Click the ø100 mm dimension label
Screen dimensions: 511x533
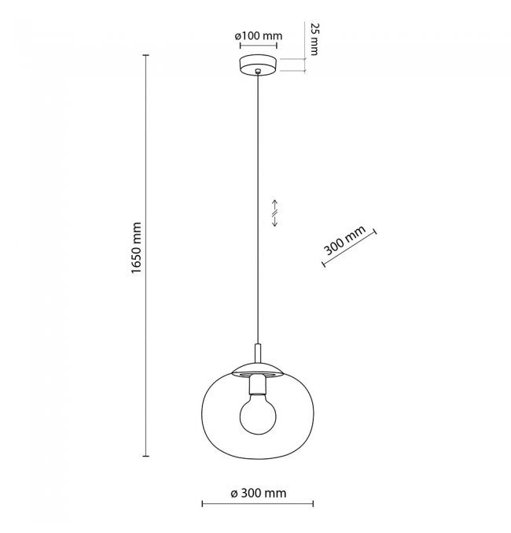pyautogui.click(x=259, y=35)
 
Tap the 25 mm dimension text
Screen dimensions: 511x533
pyautogui.click(x=315, y=39)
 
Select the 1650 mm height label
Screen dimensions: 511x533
pyautogui.click(x=136, y=248)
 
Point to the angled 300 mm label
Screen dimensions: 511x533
pyautogui.click(x=344, y=240)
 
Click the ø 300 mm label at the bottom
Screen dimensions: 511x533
pyautogui.click(x=259, y=493)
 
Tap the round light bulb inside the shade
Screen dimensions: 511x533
pyautogui.click(x=258, y=416)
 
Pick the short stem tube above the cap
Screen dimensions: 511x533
pyautogui.click(x=258, y=353)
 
